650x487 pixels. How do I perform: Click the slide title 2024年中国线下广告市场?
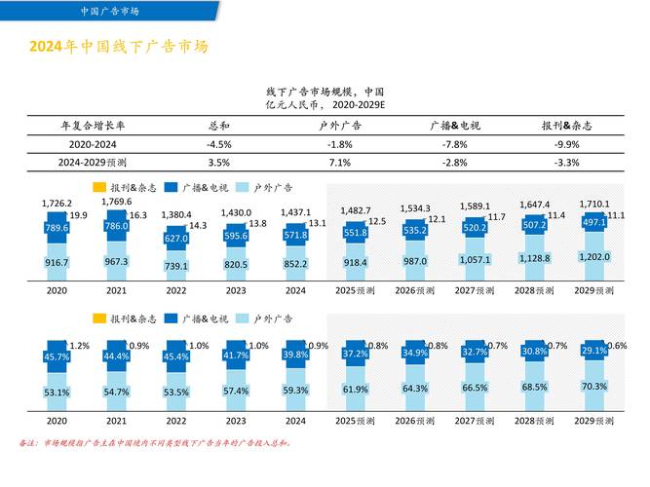point(118,47)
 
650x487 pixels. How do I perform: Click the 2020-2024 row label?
point(86,143)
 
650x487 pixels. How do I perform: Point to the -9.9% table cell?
point(567,143)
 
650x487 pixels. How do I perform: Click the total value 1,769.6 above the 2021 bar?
point(116,202)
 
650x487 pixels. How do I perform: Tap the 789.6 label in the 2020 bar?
point(57,228)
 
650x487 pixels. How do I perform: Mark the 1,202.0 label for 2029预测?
point(593,257)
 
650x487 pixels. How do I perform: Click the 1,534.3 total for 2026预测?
point(415,208)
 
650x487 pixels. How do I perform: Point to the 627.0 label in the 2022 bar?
point(176,238)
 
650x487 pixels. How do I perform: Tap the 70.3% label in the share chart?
point(593,386)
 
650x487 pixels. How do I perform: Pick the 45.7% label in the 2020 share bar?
point(57,356)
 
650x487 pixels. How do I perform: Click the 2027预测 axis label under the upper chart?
point(474,290)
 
